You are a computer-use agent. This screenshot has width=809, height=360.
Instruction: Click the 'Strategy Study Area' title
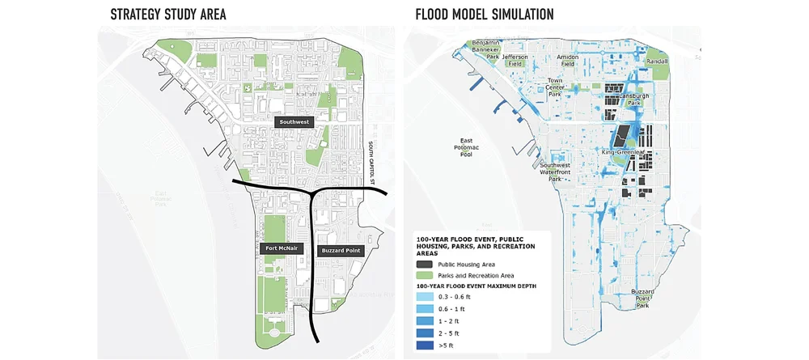167,14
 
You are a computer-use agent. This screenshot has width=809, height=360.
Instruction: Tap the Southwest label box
294,122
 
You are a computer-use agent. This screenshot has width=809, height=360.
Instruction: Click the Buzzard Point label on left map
341,251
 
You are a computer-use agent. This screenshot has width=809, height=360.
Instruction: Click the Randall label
657,61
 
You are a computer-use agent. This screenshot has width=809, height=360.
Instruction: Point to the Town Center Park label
555,87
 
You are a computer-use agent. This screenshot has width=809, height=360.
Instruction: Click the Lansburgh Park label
625,100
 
